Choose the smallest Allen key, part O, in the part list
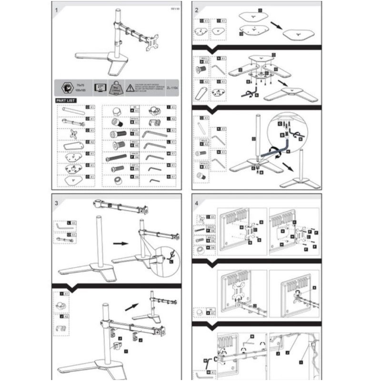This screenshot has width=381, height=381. [154, 181]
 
